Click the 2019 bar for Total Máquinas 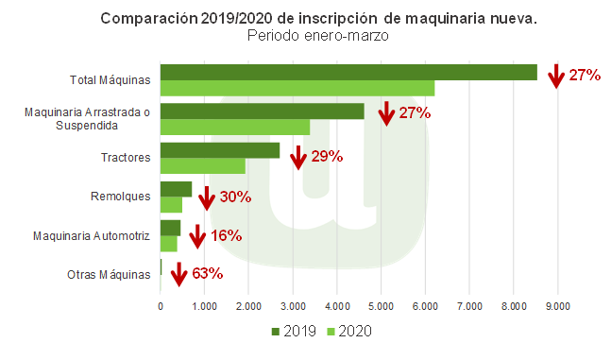click(348, 72)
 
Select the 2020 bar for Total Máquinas click(297, 88)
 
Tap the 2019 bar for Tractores click(220, 150)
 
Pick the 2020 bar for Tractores click(203, 165)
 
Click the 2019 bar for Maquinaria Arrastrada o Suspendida click(262, 111)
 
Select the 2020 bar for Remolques click(171, 204)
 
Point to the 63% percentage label click(207, 274)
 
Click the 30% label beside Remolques click(235, 197)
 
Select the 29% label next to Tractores click(326, 156)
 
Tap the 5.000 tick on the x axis click(381, 305)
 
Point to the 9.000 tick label click(557, 305)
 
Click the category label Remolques click(126, 197)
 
